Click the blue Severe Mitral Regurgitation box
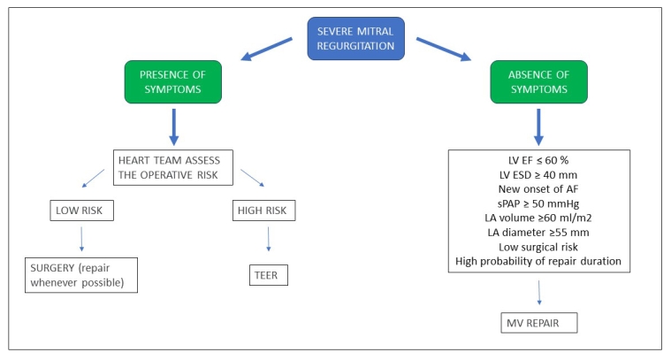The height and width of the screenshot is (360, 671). [x=356, y=39]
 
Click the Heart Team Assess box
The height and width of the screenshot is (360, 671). [x=172, y=168]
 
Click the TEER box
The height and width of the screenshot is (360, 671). [x=268, y=274]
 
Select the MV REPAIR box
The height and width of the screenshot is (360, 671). [x=538, y=322]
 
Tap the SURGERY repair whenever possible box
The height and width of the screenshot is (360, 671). [x=82, y=274]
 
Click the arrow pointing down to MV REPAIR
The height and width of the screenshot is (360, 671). [x=538, y=291]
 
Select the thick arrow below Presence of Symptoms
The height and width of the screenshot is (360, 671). [x=173, y=125]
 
